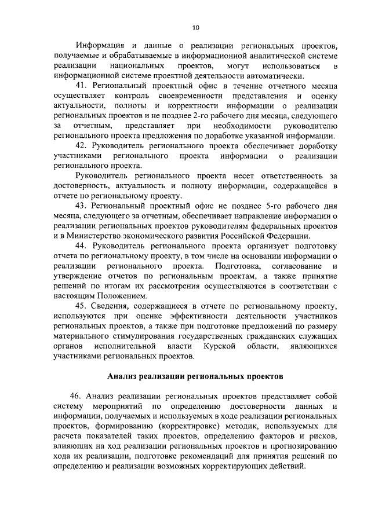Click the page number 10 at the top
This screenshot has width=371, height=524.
(195, 27)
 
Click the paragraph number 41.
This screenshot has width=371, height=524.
(81, 85)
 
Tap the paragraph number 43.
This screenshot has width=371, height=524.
(81, 206)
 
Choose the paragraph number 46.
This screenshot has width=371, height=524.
(74, 396)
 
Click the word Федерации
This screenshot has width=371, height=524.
(291, 236)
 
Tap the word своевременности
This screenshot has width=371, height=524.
(188, 96)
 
